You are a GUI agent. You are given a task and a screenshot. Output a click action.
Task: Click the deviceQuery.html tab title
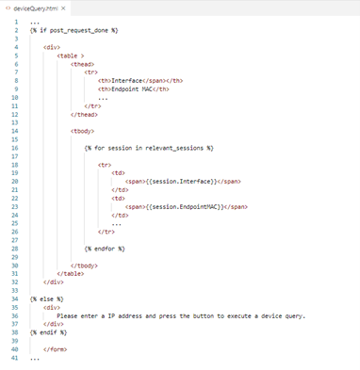tap(34, 8)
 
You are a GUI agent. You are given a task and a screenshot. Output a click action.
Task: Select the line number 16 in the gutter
tap(15, 149)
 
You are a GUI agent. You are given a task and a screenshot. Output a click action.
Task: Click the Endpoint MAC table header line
tap(136, 89)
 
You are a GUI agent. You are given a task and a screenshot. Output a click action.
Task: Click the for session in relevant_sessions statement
tap(149, 149)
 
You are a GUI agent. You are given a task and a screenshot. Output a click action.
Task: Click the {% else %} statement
tap(46, 298)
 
